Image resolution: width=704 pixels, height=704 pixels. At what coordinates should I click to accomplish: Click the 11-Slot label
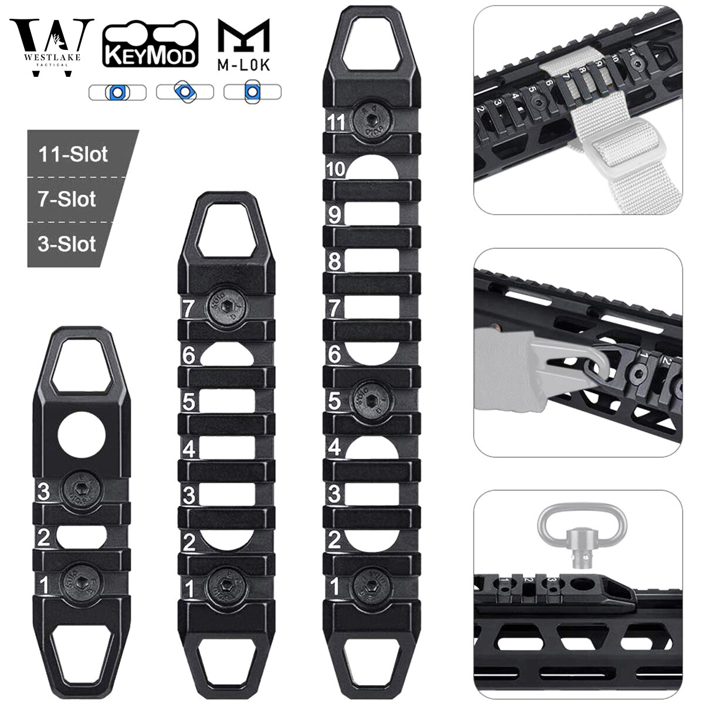tap(74, 154)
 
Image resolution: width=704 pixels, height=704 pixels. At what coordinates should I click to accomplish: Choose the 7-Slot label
tap(67, 199)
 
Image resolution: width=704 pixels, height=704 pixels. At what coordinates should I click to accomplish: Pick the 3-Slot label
tap(66, 243)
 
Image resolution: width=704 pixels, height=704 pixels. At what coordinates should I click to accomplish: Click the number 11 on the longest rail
tap(336, 123)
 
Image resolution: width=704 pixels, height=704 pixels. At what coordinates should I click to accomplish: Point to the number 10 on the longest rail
tap(336, 170)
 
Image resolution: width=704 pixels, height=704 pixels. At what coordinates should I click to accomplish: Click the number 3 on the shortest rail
tap(43, 491)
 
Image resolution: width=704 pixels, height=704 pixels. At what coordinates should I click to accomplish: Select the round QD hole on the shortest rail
tap(82, 435)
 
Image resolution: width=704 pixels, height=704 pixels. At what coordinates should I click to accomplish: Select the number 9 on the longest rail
tap(335, 215)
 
